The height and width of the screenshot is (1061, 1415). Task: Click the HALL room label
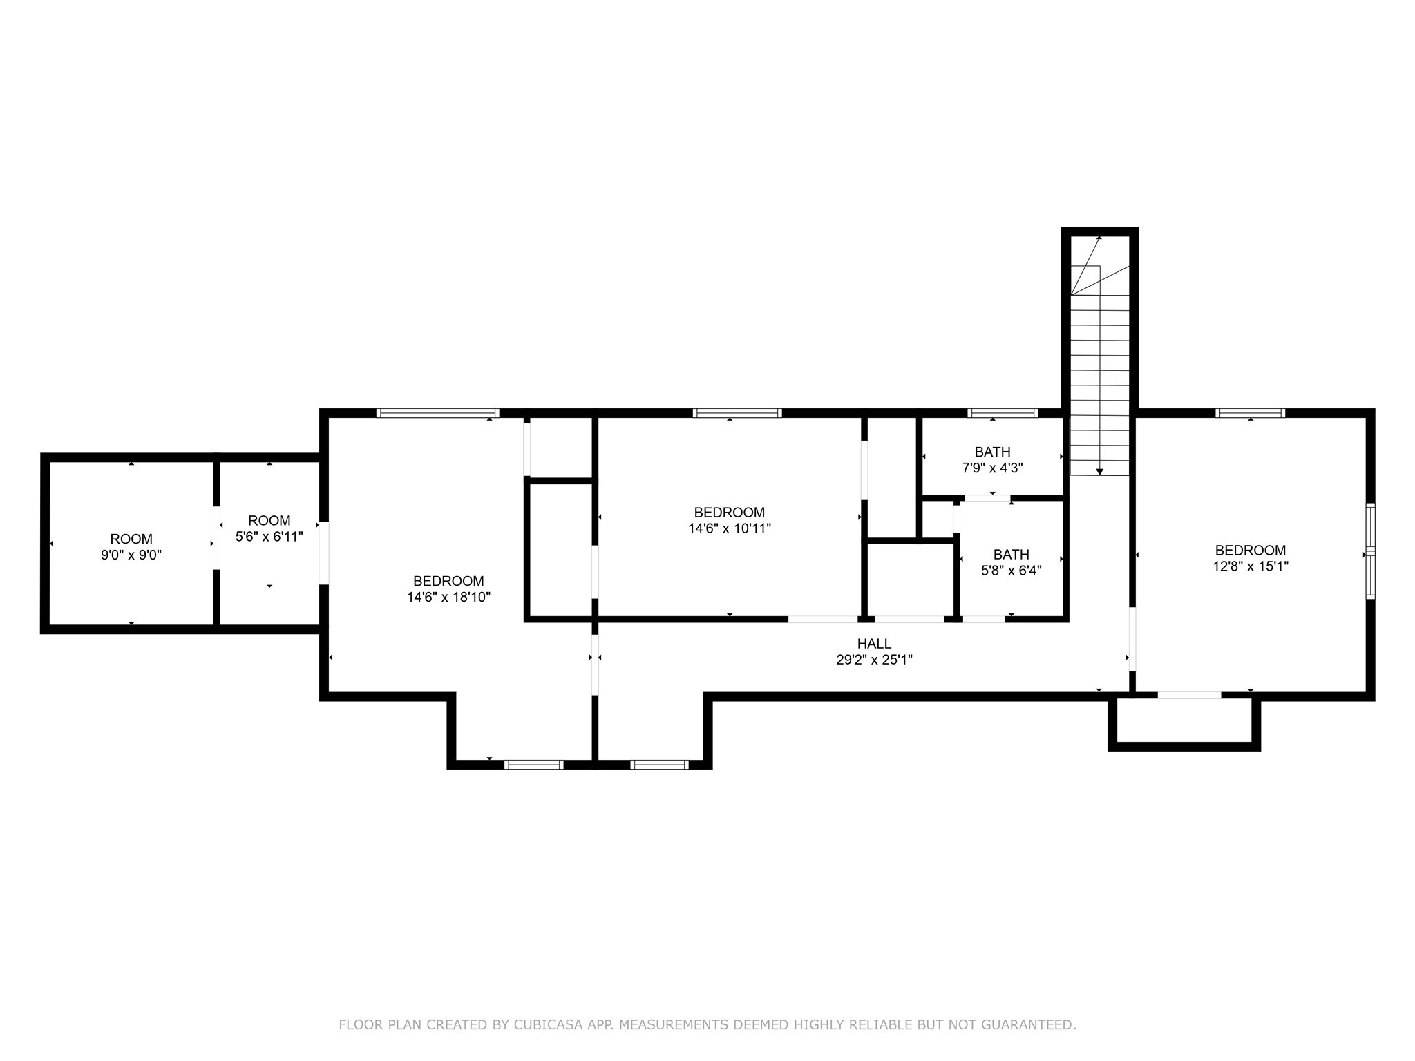(x=874, y=644)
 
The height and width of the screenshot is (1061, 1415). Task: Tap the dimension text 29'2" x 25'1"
(x=874, y=660)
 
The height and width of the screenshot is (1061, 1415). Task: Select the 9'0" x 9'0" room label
(x=131, y=555)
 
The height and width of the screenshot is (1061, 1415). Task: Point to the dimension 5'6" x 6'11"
(x=269, y=536)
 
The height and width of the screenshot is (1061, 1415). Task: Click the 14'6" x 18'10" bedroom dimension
(x=449, y=597)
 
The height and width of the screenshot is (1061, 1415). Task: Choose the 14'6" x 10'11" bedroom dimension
(x=730, y=528)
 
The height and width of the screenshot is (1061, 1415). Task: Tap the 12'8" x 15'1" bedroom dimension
(x=1251, y=566)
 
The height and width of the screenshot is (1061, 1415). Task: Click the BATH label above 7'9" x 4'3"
(x=993, y=452)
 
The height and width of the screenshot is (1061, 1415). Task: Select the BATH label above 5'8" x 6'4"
(x=1012, y=555)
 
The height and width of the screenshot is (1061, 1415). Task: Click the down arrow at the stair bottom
(x=1100, y=471)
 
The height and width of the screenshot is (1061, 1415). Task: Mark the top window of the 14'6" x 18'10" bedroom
(x=438, y=413)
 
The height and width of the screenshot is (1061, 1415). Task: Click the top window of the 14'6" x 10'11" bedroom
(x=738, y=413)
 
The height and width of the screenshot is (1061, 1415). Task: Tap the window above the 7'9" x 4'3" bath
(x=1003, y=413)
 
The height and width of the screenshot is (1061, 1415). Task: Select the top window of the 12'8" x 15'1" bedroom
(x=1251, y=413)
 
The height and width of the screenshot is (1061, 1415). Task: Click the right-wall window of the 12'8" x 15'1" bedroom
(x=1371, y=551)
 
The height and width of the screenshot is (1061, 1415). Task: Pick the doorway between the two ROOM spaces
(x=216, y=538)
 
